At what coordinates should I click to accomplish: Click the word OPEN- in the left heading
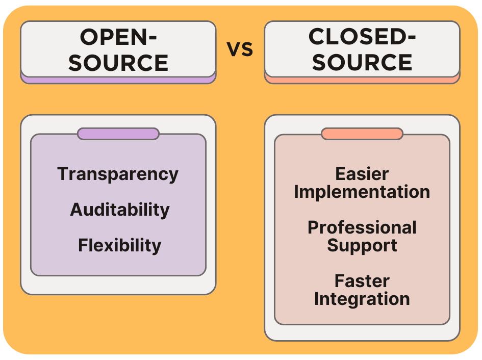118,38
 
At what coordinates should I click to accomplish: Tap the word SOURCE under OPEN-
118,63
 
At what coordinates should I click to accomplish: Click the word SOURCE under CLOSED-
362,62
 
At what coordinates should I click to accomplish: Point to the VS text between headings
240,50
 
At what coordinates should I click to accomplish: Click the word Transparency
118,174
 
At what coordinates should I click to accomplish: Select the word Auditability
119,210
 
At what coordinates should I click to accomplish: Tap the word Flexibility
119,245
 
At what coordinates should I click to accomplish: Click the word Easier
362,174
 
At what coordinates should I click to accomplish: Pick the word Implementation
362,192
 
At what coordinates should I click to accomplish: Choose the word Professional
362,227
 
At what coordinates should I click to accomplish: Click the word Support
362,245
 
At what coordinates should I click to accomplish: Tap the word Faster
362,281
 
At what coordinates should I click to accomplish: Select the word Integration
362,299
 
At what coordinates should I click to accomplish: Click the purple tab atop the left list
118,134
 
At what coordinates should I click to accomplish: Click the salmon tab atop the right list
362,134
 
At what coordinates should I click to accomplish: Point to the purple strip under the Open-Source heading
118,80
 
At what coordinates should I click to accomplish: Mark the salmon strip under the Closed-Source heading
362,80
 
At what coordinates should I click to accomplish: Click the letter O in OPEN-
90,38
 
